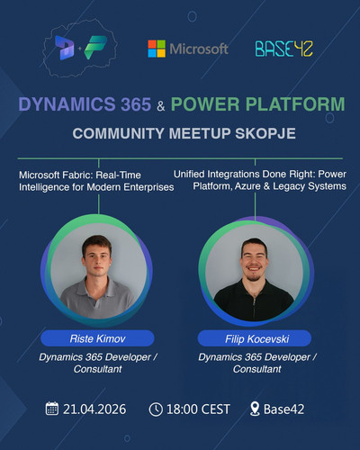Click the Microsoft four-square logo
157,49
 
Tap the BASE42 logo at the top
283,49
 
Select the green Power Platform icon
95,47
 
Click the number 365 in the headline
136,104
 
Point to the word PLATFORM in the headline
295,104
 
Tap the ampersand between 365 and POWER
161,106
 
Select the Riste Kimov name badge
97,338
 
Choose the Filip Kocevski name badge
255,338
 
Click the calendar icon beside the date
52,409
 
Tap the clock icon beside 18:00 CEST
156,409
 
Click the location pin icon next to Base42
255,409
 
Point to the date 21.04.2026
94,409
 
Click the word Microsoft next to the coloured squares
199,49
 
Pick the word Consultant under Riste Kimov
98,369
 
